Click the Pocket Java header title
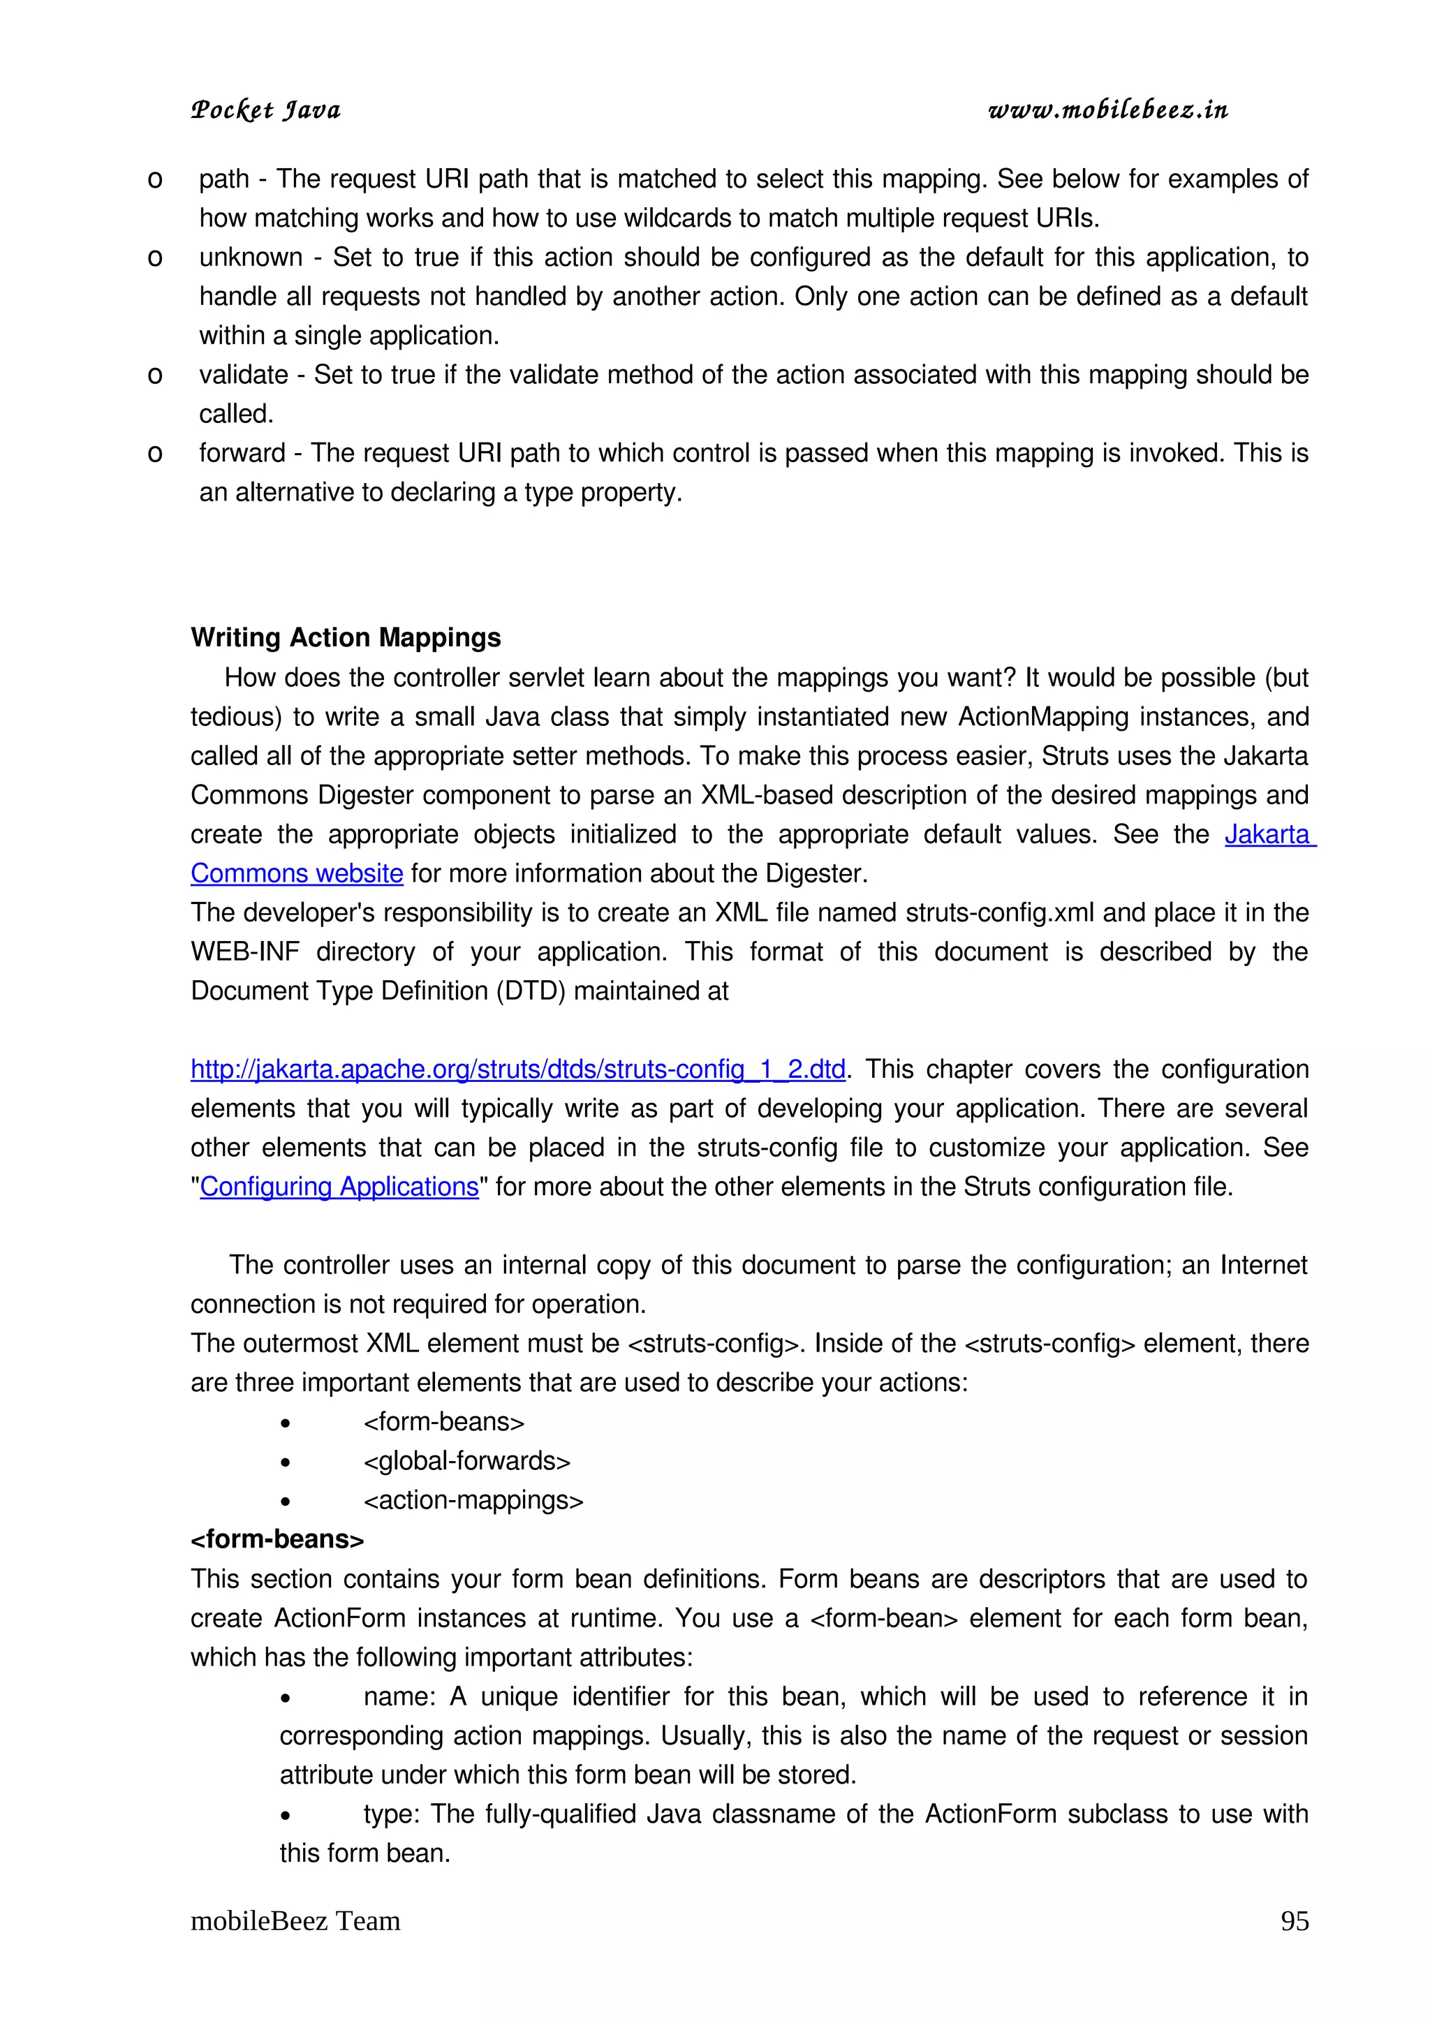coord(265,110)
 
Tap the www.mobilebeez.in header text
coord(1107,110)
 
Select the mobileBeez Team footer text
coord(295,1921)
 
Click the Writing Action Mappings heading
coord(346,637)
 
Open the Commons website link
coord(297,873)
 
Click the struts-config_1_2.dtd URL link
coord(517,1069)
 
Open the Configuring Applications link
coord(339,1187)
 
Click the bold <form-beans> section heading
coord(277,1539)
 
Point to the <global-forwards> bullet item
coord(467,1461)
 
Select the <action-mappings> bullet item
coord(473,1501)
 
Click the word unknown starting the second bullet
coord(250,258)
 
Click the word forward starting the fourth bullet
coord(242,453)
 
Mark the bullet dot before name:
coord(286,1698)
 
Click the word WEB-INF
coord(245,951)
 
